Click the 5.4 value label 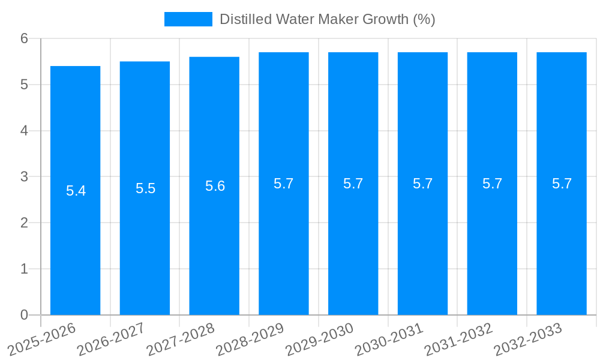(76, 191)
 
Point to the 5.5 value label (145, 189)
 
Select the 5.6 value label (215, 187)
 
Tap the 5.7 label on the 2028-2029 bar (283, 184)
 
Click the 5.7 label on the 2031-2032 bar (492, 184)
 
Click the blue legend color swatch (188, 19)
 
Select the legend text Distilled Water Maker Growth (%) (327, 19)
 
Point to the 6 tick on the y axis (24, 38)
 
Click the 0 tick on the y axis (24, 315)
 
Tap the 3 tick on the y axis (24, 177)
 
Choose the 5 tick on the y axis (24, 85)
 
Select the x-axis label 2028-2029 (250, 339)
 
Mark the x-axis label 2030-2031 (389, 339)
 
